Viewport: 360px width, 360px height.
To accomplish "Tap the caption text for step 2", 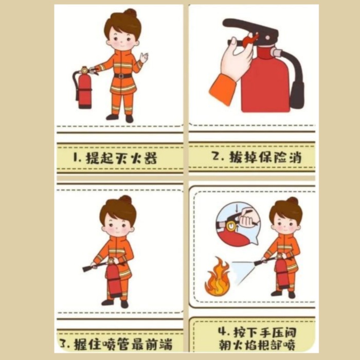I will point(251,156).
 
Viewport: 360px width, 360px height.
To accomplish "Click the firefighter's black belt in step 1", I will point(122,76).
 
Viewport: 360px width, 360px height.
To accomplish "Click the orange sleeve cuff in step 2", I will point(222,90).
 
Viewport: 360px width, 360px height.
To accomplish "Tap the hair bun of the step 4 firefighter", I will point(292,201).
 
